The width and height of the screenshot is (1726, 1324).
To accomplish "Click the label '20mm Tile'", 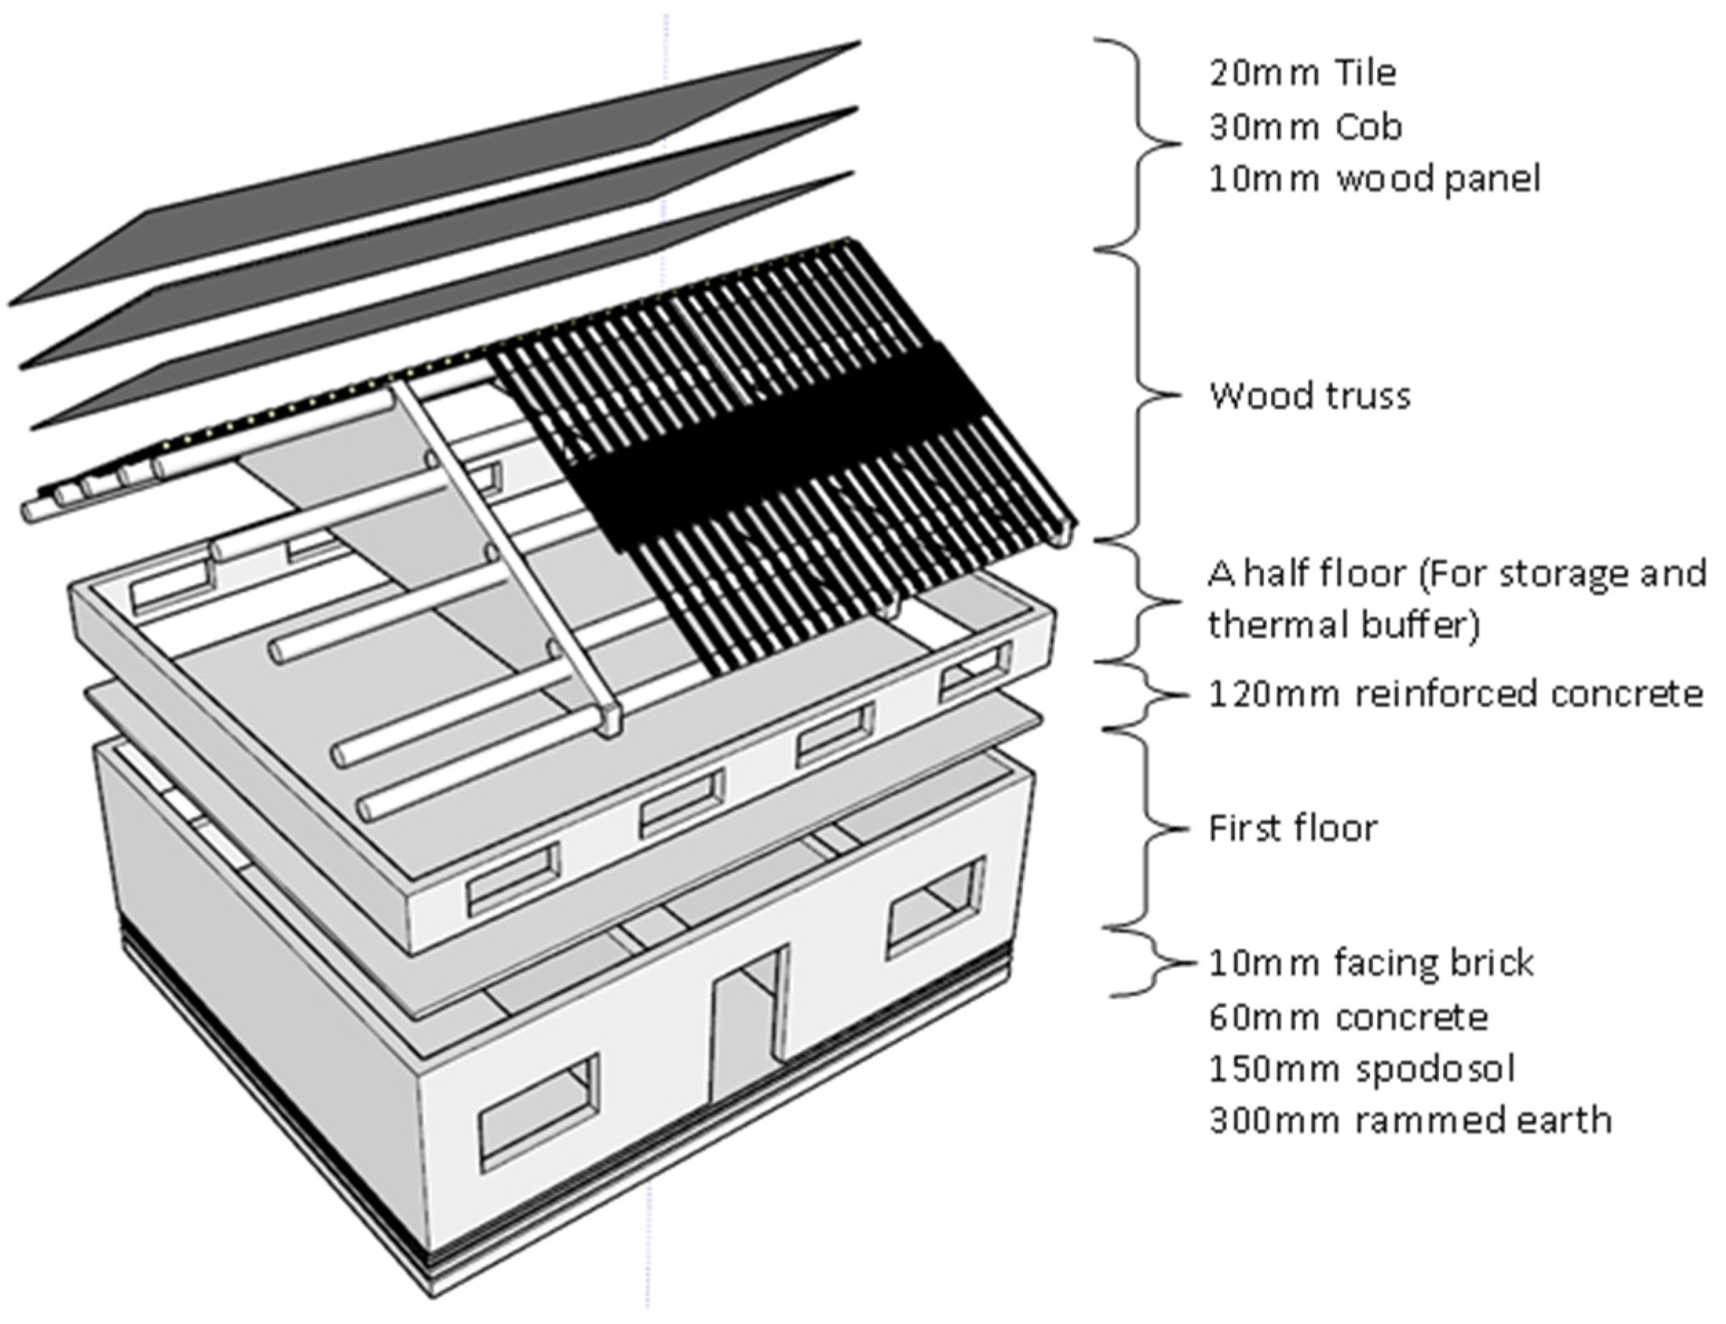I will pos(1302,73).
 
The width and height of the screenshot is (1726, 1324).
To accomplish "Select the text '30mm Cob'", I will pos(1305,127).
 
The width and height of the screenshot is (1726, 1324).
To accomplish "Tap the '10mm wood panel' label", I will pos(1374,179).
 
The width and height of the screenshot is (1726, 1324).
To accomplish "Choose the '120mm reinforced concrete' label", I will pos(1455,694).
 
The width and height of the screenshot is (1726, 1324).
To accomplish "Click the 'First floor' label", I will pos(1292,828).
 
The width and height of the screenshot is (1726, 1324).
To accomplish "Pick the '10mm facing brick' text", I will pos(1371,963).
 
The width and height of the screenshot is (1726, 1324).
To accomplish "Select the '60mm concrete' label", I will pos(1348,1018).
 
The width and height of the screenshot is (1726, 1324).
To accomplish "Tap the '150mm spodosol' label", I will pos(1362,1069).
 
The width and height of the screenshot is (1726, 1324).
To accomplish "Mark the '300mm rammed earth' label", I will pos(1410,1121).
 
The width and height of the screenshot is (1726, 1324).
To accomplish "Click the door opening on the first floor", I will pos(745,1024).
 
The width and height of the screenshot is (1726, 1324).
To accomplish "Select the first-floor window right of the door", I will pos(936,908).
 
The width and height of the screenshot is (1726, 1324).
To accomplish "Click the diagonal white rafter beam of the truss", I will pos(505,551).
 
